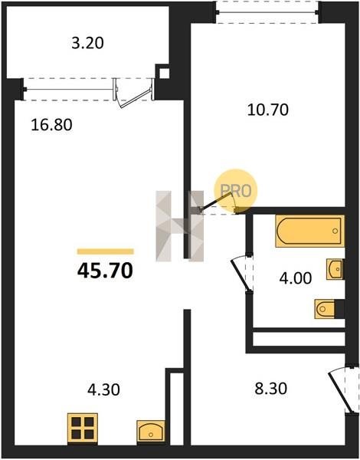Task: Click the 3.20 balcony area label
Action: [87, 43]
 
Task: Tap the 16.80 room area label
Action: [51, 125]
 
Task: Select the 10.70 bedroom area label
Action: [268, 110]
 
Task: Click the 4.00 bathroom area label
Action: [296, 278]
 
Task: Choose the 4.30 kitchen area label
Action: [103, 390]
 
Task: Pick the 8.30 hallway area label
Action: [271, 389]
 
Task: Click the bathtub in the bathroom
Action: [309, 232]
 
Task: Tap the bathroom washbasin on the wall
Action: [335, 269]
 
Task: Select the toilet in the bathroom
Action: [326, 309]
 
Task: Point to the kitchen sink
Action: [151, 431]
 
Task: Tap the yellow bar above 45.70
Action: [106, 251]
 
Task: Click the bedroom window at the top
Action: [268, 12]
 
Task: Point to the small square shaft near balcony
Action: [165, 74]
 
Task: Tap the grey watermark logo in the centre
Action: [180, 226]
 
